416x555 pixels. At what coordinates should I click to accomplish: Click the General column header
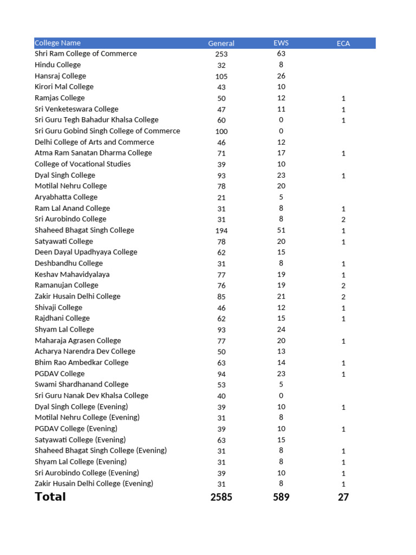pos(221,43)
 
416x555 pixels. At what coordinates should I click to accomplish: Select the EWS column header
pos(281,43)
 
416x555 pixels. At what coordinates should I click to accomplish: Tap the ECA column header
pos(343,43)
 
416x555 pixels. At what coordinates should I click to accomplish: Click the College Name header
pos(57,43)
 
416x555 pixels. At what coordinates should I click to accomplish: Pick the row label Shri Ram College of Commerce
pos(86,54)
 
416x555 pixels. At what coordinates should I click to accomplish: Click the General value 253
pos(221,54)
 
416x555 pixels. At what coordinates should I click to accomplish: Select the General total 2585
pos(221,497)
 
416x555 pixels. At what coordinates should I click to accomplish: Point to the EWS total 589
pos(281,497)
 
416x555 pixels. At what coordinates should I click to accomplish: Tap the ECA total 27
pos(343,497)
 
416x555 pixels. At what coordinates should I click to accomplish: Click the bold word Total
pos(50,497)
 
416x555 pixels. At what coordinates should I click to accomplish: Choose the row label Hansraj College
pos(60,76)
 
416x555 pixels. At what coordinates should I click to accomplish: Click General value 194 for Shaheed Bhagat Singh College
pos(221,231)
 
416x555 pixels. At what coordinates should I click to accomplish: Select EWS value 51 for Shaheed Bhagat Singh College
pos(281,230)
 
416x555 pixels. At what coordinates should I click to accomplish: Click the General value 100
pos(221,131)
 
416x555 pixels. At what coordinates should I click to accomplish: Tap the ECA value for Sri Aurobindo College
pos(343,220)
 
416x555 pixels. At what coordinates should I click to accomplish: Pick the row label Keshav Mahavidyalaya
pos(72,274)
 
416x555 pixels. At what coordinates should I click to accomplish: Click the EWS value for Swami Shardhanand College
pos(281,385)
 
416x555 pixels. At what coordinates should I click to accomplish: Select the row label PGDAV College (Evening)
pos(76,429)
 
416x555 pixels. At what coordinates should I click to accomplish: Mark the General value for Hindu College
pos(221,65)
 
